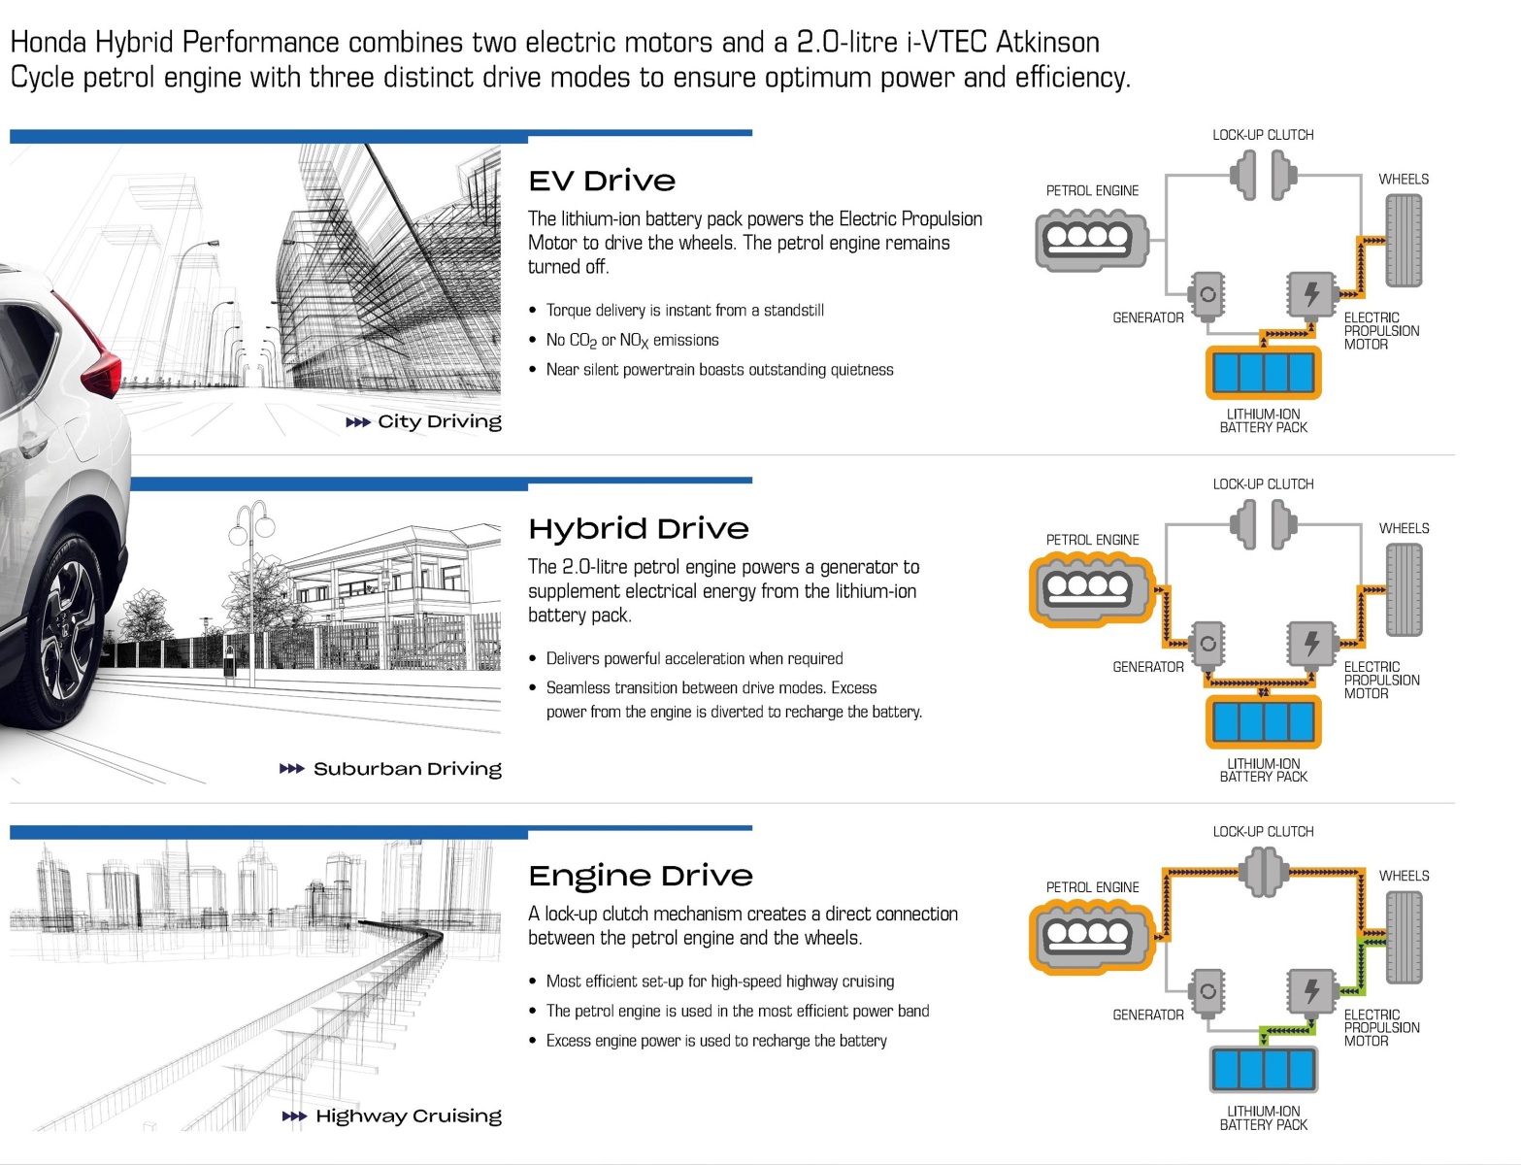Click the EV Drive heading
[602, 182]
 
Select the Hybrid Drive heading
[639, 529]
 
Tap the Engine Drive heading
[641, 877]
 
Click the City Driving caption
[439, 421]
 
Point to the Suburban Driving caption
[407, 769]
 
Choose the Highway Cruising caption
[408, 1116]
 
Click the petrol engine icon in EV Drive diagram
[1091, 238]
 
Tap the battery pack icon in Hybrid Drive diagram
[1263, 721]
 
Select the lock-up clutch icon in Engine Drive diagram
[1263, 872]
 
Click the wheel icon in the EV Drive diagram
[1403, 241]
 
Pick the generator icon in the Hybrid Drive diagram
[1207, 643]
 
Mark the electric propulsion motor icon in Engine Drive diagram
[1310, 990]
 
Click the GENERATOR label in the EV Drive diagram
[1147, 317]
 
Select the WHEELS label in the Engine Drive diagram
[1404, 876]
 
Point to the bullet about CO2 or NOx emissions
[632, 340]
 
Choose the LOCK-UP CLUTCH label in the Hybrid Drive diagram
[1263, 483]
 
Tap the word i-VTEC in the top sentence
[948, 43]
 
